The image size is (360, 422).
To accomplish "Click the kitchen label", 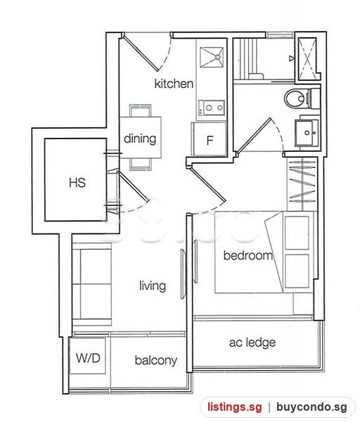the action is (174, 84).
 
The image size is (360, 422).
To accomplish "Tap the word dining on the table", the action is (140, 139).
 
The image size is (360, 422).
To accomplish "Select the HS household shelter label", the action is (77, 182).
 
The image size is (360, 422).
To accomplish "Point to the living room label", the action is (153, 286).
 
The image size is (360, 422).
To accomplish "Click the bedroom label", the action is (247, 255).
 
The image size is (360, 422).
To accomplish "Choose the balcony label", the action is (156, 360).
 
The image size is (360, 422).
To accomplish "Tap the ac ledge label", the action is (252, 343).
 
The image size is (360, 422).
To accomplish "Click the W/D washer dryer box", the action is (87, 356).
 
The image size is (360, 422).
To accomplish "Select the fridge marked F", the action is (209, 139).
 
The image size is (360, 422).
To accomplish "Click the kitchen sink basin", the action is (212, 57).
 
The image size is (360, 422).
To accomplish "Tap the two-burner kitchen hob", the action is (212, 108).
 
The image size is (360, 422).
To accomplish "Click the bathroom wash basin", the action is (307, 133).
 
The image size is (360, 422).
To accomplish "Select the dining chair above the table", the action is (140, 110).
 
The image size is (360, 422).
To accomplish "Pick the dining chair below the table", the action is (140, 164).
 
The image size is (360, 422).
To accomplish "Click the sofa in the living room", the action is (91, 284).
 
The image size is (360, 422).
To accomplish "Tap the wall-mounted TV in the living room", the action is (184, 274).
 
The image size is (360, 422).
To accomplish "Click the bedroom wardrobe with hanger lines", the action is (302, 184).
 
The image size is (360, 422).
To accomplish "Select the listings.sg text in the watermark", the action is (234, 407).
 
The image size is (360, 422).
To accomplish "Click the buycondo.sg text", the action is (311, 407).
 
